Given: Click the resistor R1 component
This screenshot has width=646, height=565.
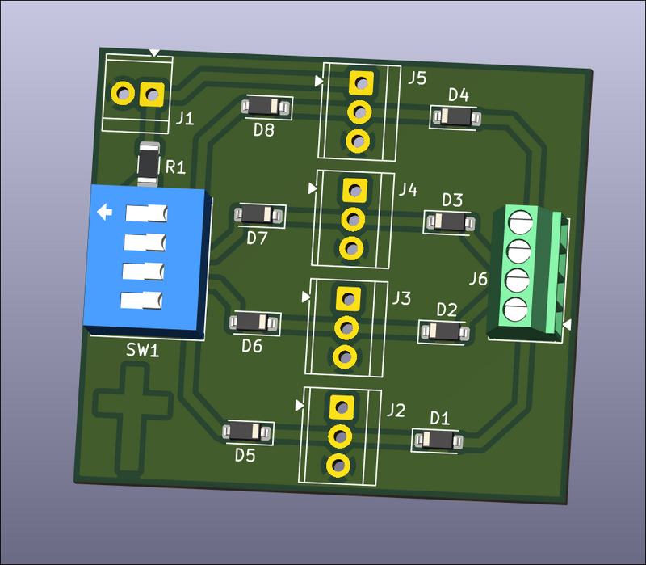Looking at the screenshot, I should (149, 164).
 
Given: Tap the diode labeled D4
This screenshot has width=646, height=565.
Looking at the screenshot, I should (456, 118).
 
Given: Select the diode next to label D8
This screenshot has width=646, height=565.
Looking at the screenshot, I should (266, 106).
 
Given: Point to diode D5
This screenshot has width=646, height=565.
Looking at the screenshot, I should (247, 432).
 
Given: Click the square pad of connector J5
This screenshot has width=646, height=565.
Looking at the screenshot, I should (360, 82).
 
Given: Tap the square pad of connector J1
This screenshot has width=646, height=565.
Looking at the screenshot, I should (151, 95).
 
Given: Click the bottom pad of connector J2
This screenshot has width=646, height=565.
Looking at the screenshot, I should (338, 465).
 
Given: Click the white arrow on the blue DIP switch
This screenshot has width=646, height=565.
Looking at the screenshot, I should (104, 213).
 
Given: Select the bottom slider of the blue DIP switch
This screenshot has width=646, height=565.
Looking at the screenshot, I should (142, 301).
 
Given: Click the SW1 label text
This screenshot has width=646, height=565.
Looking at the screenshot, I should (142, 351).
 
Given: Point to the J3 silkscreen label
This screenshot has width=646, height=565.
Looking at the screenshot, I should (401, 299).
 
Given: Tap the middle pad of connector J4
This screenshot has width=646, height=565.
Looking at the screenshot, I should (352, 218).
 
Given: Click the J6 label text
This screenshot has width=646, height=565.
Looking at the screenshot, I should (478, 280).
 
